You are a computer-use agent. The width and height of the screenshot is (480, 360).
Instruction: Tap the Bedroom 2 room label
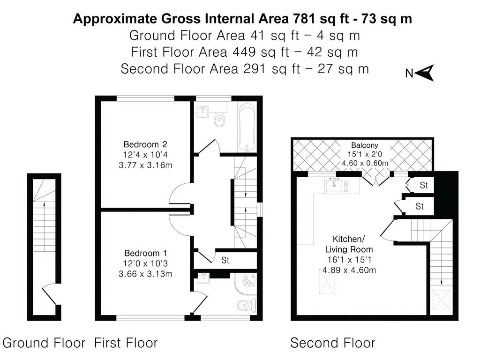coord(145,144)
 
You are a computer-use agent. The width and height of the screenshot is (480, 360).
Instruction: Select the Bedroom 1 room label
coord(146,253)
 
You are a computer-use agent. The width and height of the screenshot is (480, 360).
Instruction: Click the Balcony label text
coord(364,145)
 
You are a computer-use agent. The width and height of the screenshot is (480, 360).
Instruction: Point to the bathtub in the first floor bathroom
coord(247,127)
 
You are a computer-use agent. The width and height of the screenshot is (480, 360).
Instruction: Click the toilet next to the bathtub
coord(219,120)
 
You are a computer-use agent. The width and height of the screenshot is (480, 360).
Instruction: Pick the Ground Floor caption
coord(44,343)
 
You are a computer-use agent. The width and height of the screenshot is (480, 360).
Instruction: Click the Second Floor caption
coord(333,343)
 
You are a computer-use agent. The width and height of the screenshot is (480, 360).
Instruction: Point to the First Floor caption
coord(126,343)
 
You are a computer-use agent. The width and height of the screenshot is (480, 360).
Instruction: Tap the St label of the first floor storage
coord(225,260)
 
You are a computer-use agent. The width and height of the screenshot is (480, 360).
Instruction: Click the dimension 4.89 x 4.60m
coord(349,270)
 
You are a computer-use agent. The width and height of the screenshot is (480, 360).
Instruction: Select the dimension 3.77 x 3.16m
coord(145,165)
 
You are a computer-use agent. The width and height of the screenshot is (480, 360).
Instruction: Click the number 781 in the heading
coord(304,19)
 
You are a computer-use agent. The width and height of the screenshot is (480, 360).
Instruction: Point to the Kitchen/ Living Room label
coord(349,244)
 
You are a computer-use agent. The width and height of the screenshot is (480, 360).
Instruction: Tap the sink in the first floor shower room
coord(203,278)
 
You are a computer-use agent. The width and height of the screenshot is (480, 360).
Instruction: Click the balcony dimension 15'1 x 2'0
coord(365,154)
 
